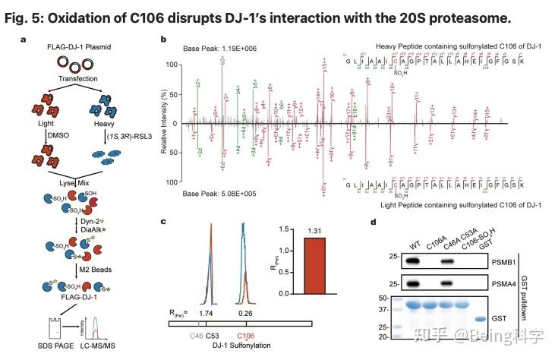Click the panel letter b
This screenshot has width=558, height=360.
(x=163, y=39)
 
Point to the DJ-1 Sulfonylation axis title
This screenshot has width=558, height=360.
(x=219, y=346)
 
